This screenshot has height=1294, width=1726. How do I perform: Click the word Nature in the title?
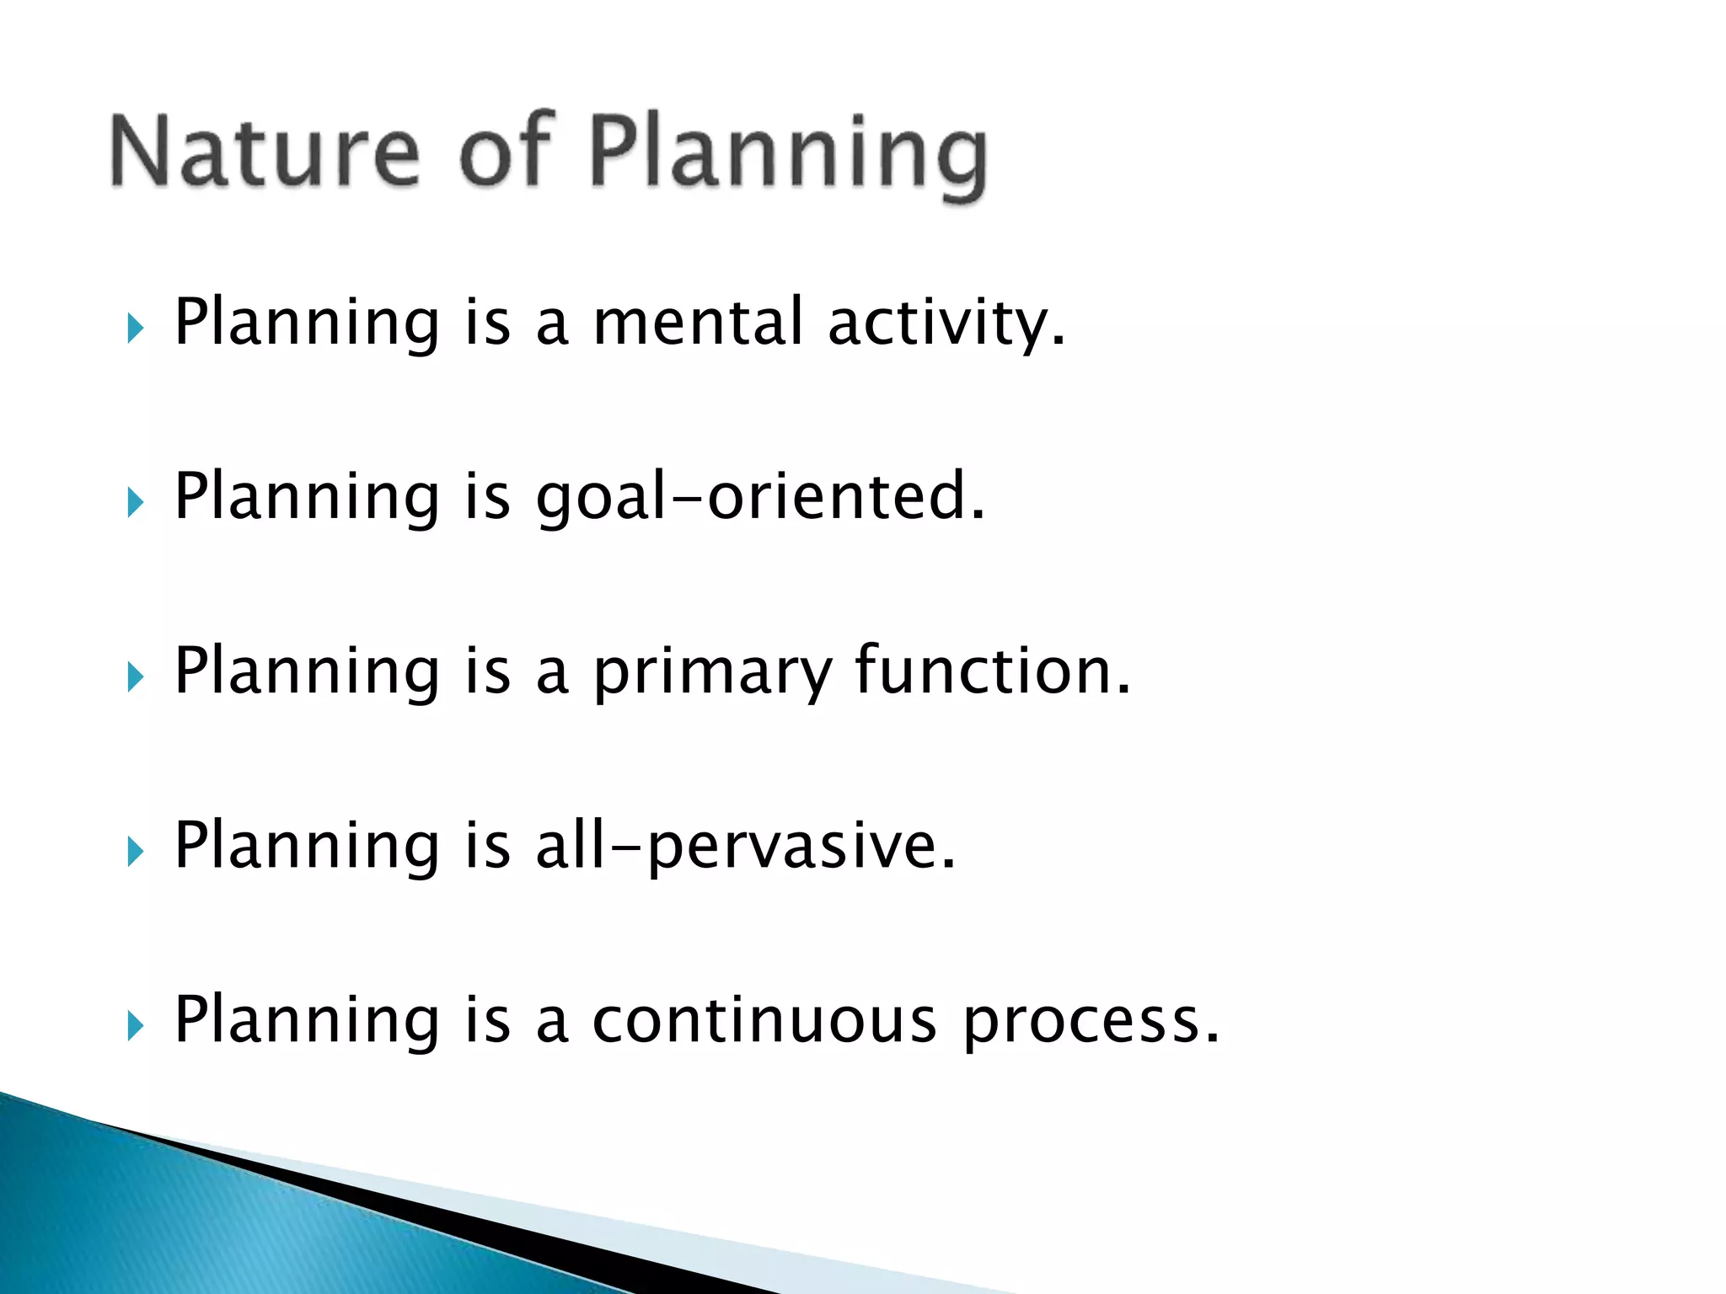[264, 152]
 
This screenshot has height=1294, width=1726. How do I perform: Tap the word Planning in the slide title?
[788, 156]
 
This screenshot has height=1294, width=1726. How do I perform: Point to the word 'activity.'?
[946, 324]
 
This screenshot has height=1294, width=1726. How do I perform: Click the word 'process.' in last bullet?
[1091, 1022]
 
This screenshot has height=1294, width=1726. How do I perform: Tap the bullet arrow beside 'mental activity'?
[136, 328]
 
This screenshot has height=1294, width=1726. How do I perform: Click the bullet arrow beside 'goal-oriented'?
[136, 503]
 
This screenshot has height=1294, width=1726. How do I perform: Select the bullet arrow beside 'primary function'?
[136, 676]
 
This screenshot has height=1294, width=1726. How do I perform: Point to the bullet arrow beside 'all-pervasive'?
[136, 852]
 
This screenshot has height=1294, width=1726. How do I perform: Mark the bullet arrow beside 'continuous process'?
[136, 1026]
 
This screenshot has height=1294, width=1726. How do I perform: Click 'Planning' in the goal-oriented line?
[307, 499]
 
